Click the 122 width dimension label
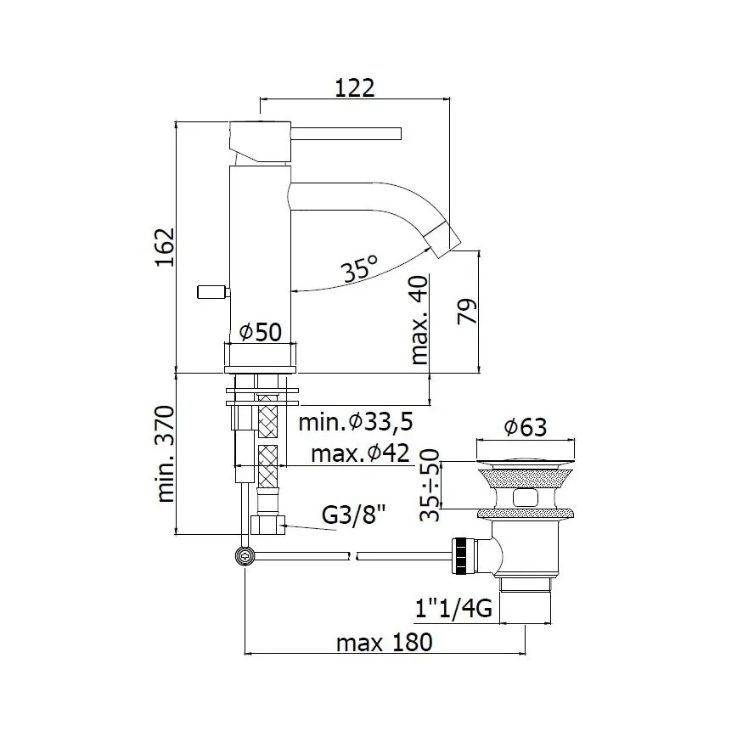point(356,87)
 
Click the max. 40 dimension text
point(419,320)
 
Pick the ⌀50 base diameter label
point(259,333)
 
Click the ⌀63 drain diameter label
point(526,428)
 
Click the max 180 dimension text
point(384,642)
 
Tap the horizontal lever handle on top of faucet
point(348,133)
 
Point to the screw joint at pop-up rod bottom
point(245,555)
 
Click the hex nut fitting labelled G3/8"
point(269,526)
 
